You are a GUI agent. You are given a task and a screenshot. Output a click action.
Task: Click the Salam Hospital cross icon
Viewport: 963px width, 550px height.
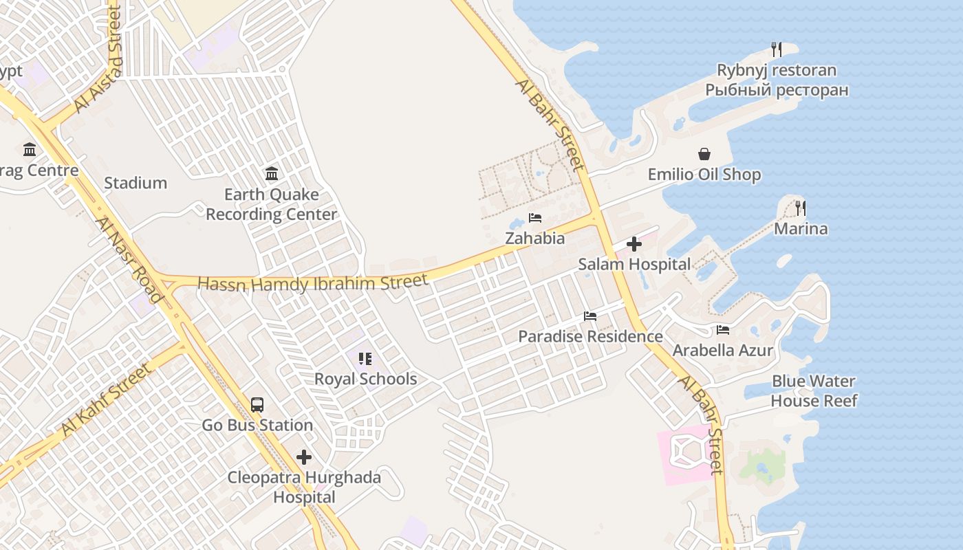click(x=634, y=244)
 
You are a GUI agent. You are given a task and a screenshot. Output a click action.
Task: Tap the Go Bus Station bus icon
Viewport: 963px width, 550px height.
click(x=257, y=405)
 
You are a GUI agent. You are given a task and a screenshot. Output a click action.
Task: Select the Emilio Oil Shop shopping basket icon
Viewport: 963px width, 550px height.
click(x=704, y=153)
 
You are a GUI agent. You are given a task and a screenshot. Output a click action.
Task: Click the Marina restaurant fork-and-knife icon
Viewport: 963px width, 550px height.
click(x=800, y=208)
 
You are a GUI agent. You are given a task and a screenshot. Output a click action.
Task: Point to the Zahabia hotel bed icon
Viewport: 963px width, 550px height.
click(x=534, y=218)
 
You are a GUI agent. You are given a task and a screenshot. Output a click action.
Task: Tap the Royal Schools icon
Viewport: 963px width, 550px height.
click(x=365, y=358)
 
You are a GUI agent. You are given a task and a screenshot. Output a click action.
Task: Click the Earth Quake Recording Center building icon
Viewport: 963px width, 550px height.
click(x=271, y=173)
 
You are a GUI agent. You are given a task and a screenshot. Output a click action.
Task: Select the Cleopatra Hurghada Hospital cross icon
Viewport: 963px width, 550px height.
click(x=303, y=457)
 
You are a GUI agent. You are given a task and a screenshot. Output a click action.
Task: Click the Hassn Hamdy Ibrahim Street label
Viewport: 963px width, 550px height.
click(x=313, y=283)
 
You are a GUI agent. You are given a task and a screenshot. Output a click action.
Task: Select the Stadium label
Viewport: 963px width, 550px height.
click(x=136, y=183)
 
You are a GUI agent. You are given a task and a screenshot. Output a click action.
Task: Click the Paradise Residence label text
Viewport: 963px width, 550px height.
click(x=590, y=336)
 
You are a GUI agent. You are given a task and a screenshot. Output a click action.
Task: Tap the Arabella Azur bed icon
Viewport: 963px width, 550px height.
click(x=722, y=330)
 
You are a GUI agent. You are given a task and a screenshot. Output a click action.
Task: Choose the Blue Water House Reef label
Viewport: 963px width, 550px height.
click(x=814, y=390)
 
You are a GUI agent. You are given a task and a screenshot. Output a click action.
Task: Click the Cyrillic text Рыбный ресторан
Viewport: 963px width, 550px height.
click(x=777, y=90)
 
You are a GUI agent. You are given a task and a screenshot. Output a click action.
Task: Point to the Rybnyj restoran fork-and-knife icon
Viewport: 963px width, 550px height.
click(x=776, y=49)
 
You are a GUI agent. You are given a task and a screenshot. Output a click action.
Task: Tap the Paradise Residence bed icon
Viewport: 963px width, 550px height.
click(x=589, y=316)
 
